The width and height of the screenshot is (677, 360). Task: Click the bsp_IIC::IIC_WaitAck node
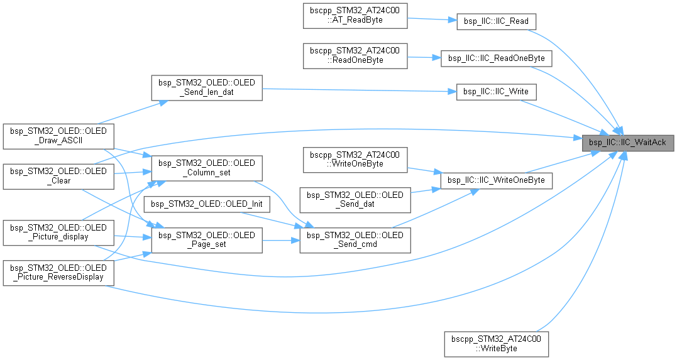click(628, 143)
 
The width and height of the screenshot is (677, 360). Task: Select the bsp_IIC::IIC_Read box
click(497, 21)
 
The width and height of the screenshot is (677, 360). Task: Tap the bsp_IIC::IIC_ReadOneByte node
click(497, 58)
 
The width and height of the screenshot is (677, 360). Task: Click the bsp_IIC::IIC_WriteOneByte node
click(497, 180)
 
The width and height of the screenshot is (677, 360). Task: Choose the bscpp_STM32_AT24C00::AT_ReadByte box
click(355, 16)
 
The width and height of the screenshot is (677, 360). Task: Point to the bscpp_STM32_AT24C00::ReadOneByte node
click(355, 56)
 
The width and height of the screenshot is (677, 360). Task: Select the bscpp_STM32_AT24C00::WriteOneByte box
click(355, 160)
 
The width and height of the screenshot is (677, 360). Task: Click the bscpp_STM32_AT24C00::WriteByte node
click(497, 343)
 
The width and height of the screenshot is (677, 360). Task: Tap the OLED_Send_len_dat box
click(206, 87)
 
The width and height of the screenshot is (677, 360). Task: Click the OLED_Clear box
click(58, 175)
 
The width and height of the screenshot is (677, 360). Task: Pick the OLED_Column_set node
click(206, 168)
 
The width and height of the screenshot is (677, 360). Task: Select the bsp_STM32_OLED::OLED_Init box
click(206, 204)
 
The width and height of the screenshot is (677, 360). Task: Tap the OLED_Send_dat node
click(355, 200)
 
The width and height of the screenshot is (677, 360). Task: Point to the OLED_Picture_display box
click(58, 232)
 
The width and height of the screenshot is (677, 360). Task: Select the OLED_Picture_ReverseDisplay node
click(58, 272)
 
